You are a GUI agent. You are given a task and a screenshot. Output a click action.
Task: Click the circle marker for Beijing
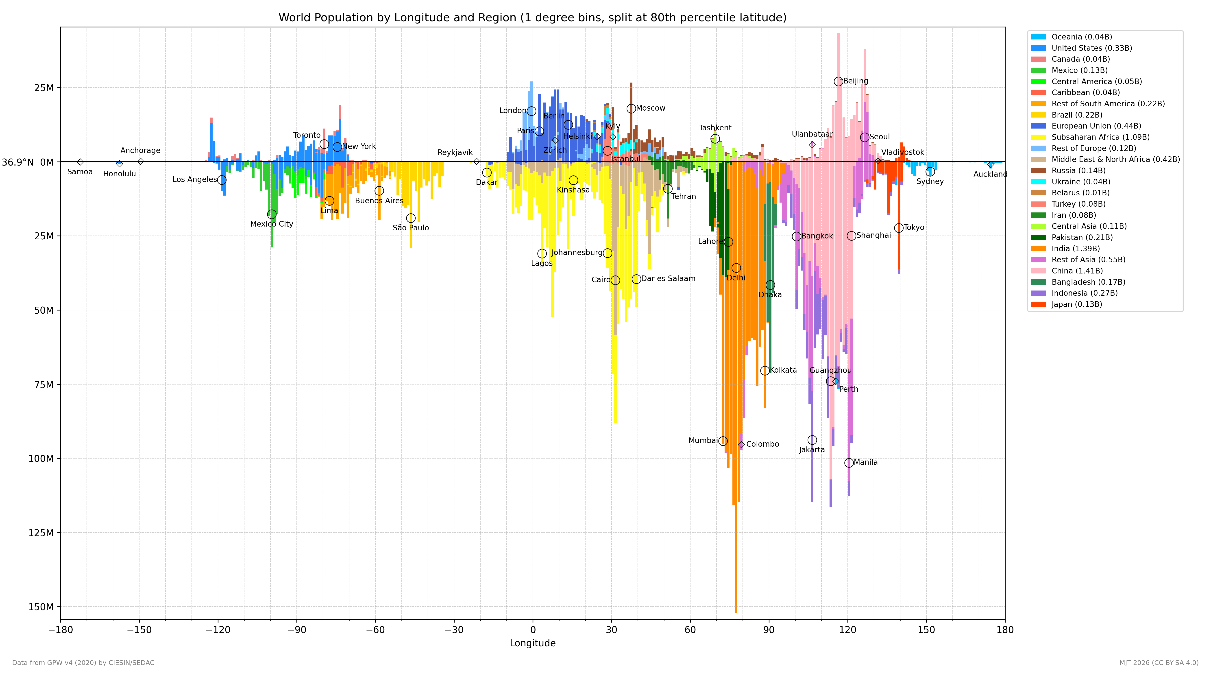tap(838, 81)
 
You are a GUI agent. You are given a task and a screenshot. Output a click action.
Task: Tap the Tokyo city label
tap(914, 228)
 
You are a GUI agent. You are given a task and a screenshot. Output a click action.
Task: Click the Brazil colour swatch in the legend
tap(1038, 115)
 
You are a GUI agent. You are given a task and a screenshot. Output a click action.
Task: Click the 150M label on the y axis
tap(41, 607)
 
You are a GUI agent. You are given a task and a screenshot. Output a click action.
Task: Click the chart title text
tap(533, 18)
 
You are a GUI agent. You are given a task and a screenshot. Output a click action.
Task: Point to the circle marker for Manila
tap(849, 463)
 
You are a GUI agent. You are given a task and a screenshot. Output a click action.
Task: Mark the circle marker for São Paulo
tap(411, 218)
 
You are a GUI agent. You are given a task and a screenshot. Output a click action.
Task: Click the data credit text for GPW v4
tap(83, 663)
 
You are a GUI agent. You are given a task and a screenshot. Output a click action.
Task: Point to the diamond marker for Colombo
tap(741, 444)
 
